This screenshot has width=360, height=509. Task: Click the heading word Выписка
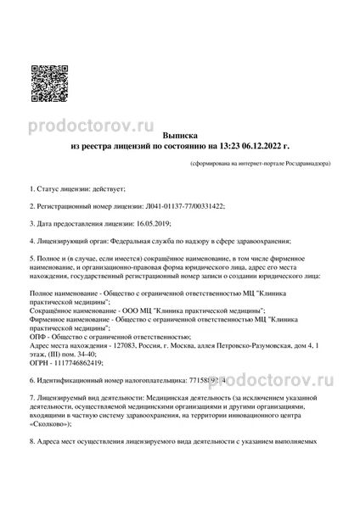click(179, 135)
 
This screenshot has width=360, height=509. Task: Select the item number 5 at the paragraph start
click(31, 259)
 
